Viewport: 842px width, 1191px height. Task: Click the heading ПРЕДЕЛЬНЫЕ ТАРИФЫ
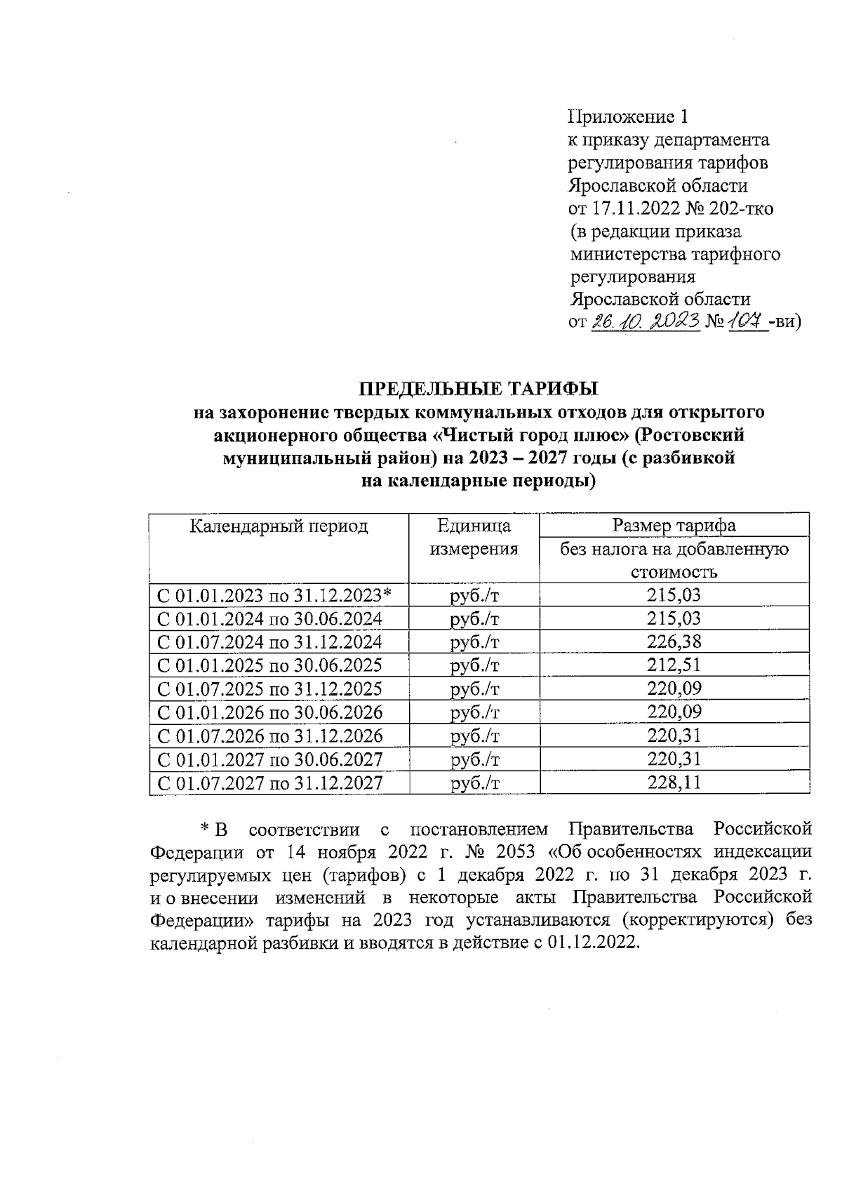pos(479,388)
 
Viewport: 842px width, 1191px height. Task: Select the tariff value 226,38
pos(674,641)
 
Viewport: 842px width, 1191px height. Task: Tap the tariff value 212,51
pos(674,665)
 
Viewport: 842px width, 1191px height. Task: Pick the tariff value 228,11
pos(674,783)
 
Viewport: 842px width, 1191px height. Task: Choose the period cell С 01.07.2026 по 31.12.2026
pos(270,736)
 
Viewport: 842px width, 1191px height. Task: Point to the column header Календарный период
pos(279,526)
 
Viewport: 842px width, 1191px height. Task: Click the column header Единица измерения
pos(474,537)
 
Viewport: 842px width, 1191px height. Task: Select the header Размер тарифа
pos(674,526)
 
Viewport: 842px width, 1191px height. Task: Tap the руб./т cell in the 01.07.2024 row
pos(474,641)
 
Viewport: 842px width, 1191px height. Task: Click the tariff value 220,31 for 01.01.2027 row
pos(674,759)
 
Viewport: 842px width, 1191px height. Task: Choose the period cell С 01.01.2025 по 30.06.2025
pos(270,665)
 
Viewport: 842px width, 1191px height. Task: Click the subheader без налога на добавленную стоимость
pos(674,560)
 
